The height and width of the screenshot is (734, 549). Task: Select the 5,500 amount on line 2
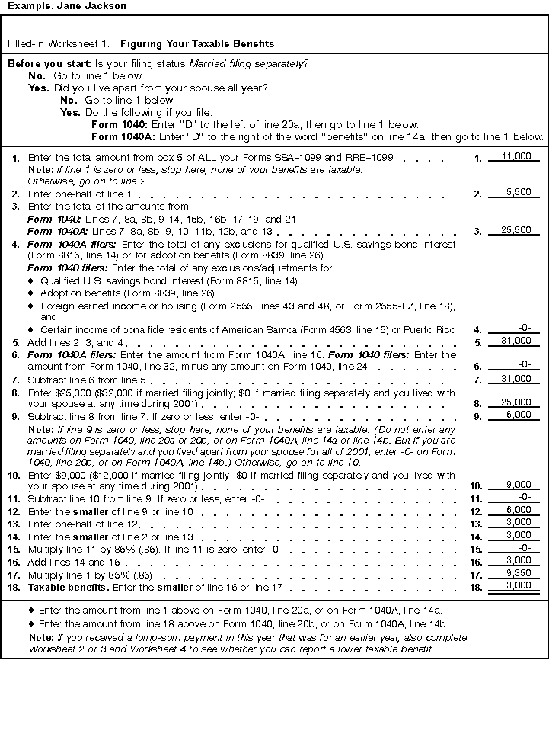point(518,193)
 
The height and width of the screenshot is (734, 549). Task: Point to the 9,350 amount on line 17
point(518,573)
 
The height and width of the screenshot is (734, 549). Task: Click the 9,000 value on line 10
point(518,485)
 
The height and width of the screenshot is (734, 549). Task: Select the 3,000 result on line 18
point(518,585)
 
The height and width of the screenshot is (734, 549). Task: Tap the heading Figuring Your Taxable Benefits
point(197,44)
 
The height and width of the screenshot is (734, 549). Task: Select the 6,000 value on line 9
point(518,415)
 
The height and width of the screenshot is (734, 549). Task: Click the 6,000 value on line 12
point(518,510)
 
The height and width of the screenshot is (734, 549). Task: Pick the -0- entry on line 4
point(523,329)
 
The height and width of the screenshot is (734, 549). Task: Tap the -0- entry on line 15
point(523,547)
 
